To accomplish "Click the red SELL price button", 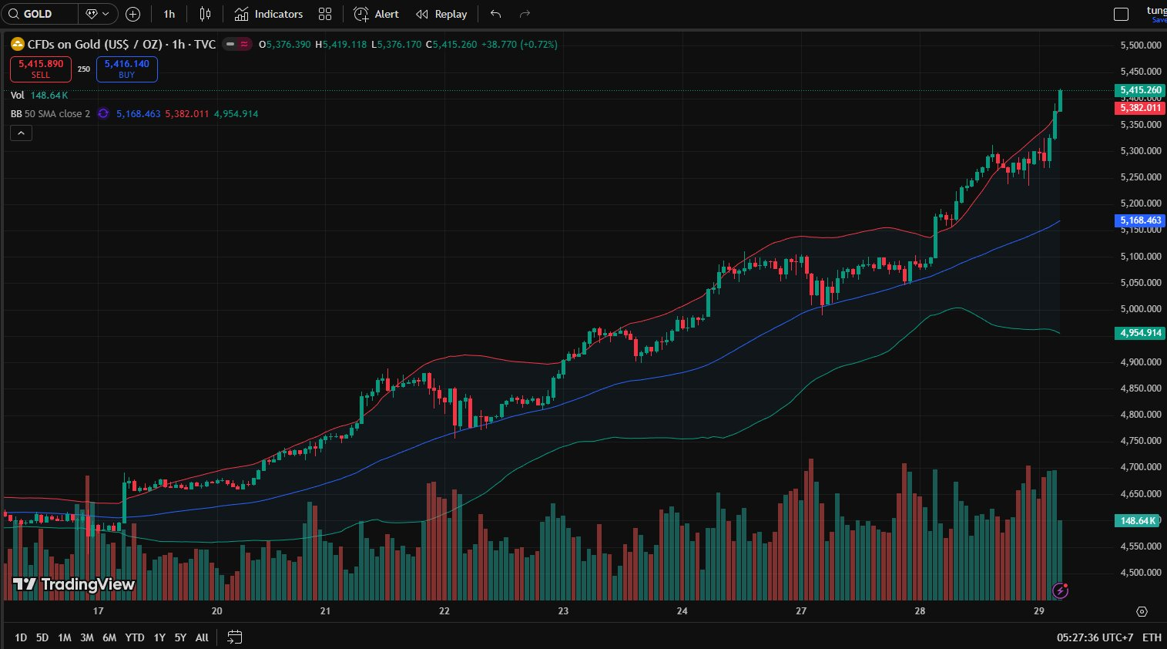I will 41,69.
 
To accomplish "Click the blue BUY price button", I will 127,69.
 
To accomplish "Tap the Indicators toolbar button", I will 269,14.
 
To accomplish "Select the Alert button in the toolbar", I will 377,14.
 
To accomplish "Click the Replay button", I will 441,14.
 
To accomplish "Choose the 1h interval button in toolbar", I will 169,14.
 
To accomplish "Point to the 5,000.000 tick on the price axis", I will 1140,309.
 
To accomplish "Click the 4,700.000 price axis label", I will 1140,467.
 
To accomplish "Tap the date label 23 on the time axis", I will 563,611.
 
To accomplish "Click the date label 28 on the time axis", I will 920,611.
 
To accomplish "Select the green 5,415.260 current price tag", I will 1140,90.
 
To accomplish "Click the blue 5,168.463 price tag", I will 1140,220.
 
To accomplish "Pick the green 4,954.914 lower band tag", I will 1140,333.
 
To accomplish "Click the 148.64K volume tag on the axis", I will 1138,521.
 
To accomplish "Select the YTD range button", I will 135,637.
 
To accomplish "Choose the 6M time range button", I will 109,637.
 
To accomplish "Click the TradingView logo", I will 74,584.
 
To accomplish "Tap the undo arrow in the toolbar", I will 495,14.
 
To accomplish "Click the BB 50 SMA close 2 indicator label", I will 50,114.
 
